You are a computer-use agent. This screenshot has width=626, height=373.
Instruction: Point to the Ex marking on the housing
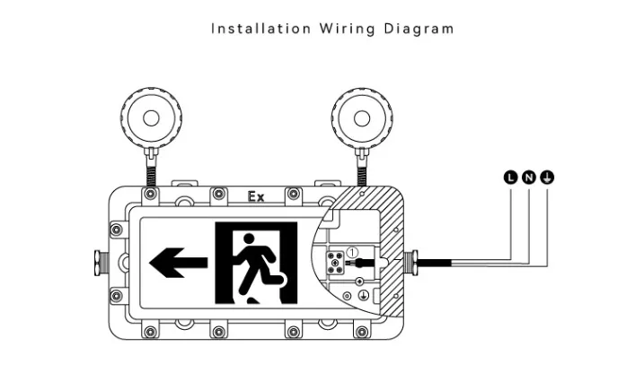point(256,196)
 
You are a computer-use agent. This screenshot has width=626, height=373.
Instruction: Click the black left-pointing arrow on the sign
point(178,264)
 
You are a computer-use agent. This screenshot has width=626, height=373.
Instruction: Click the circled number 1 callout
point(352,252)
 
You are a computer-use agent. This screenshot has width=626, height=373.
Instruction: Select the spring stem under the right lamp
point(362,170)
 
